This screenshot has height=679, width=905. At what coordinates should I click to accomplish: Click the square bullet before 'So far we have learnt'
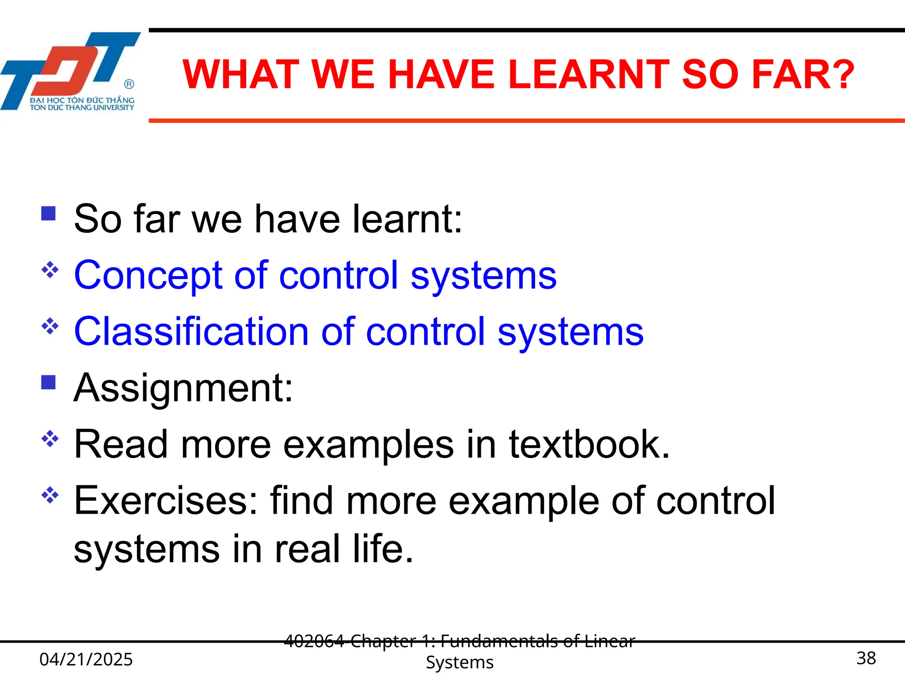tap(48, 214)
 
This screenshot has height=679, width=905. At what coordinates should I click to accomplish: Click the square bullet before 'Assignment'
tap(48, 382)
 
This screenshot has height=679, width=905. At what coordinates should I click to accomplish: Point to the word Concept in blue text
tap(148, 275)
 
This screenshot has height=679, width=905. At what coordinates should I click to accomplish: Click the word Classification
tap(191, 332)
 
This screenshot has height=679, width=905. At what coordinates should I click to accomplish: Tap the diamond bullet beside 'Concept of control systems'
tap(50, 270)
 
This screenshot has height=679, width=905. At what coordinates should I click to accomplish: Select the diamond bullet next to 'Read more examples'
tap(50, 439)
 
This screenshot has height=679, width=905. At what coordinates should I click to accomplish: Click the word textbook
tap(588, 444)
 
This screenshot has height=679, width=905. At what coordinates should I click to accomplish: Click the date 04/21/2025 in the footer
tap(86, 659)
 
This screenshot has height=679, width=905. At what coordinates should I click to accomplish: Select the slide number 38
tap(866, 658)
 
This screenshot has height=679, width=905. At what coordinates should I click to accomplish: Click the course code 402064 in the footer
tap(314, 641)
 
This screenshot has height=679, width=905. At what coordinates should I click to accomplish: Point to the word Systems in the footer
tap(460, 662)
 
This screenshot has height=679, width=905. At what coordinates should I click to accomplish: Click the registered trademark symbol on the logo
tap(129, 84)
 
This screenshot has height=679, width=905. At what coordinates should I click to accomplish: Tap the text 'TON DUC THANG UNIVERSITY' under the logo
tap(82, 107)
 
